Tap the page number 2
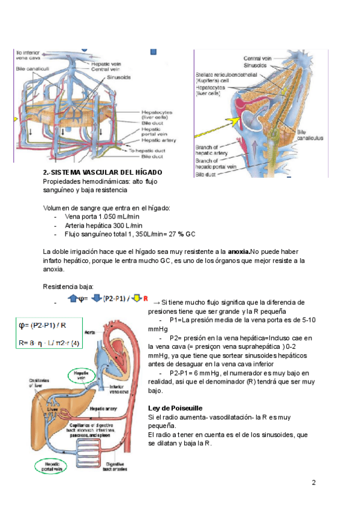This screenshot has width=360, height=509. click(313, 483)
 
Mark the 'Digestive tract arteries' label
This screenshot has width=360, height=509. click(116, 466)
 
